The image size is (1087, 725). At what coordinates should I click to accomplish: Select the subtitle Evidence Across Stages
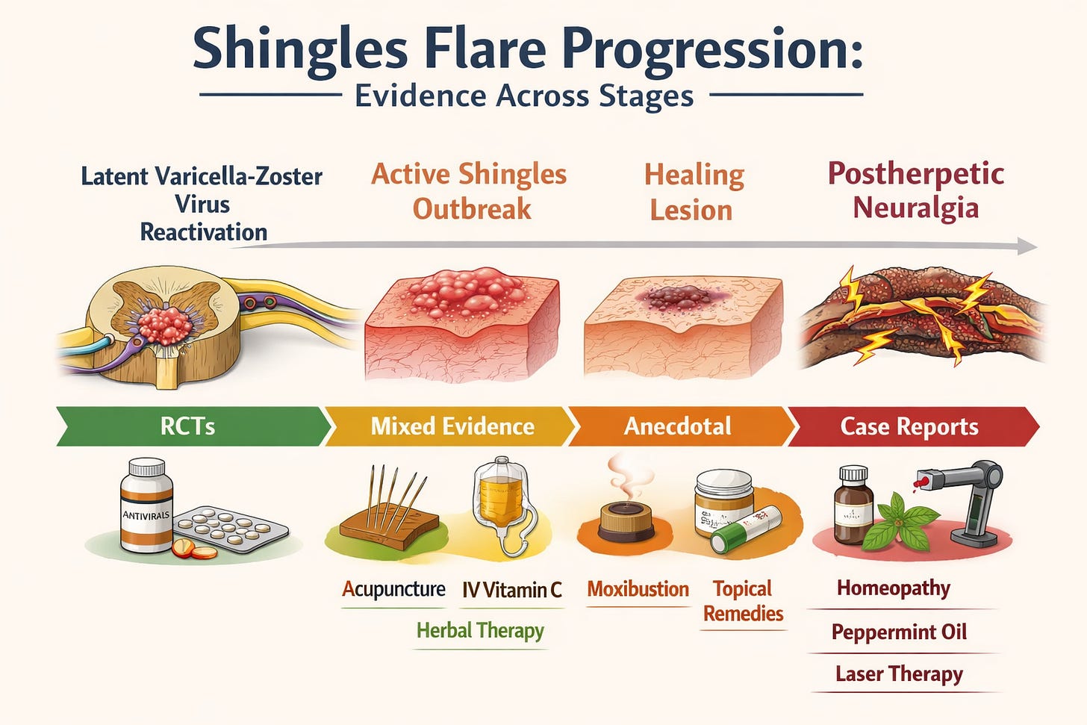pos(524,96)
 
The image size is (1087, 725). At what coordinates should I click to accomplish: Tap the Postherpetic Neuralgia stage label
pos(915,190)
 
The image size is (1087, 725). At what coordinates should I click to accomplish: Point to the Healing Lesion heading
pos(694,192)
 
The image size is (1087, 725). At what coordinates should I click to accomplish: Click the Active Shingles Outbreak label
pos(470,191)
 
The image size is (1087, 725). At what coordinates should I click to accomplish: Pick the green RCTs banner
pos(189,426)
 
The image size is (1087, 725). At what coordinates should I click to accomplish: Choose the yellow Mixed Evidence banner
pos(452,426)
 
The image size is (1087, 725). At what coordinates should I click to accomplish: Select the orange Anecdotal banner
pos(678,426)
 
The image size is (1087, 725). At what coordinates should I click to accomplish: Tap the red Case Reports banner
pos(909,426)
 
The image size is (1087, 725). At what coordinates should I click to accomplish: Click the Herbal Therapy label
pos(480,631)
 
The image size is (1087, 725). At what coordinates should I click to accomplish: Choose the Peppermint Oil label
pos(899,632)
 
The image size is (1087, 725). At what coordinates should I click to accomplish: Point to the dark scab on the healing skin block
pos(676,298)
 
